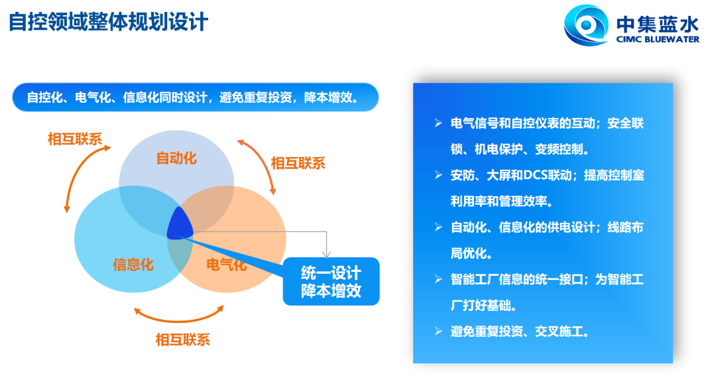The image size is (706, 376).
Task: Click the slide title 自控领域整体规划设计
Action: click(x=109, y=22)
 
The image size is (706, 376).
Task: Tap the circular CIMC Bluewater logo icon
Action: click(x=586, y=25)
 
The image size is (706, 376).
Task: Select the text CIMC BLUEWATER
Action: click(x=658, y=39)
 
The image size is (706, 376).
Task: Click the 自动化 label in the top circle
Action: click(x=176, y=158)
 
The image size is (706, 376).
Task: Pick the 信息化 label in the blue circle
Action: click(x=133, y=265)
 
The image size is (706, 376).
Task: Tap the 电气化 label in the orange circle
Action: click(x=227, y=265)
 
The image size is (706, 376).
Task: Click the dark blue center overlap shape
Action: click(x=180, y=223)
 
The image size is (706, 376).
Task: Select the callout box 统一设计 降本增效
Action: click(x=331, y=281)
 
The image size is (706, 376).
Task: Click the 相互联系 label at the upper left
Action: click(x=75, y=139)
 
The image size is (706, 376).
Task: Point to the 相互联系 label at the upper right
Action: click(x=298, y=163)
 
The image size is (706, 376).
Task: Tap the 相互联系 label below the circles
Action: click(x=183, y=340)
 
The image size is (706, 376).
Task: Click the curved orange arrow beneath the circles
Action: click(x=179, y=320)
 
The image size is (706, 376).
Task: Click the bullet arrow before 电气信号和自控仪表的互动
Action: click(x=439, y=123)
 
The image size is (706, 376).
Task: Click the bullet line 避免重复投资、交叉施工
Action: click(x=520, y=332)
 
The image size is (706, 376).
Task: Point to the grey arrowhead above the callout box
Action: click(x=326, y=255)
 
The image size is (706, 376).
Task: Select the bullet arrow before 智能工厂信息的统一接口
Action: click(x=439, y=280)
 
